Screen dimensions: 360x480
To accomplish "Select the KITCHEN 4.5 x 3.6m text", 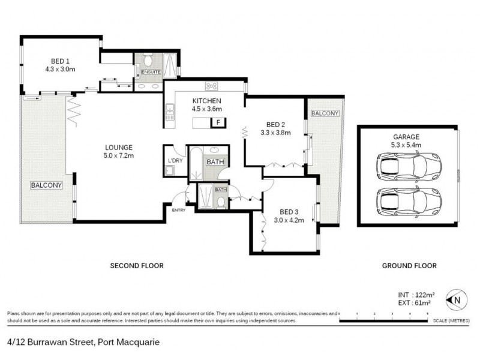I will pyautogui.click(x=207, y=104).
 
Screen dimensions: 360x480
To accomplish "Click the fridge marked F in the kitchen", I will pyautogui.click(x=218, y=122).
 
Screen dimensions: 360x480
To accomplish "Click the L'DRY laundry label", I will pyautogui.click(x=175, y=160).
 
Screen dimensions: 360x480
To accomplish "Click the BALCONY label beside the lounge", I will pyautogui.click(x=46, y=185).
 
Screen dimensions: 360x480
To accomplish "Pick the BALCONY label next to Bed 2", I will pyautogui.click(x=325, y=113).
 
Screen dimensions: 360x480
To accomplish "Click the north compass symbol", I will pyautogui.click(x=457, y=298).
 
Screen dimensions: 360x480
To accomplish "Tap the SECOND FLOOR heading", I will pyautogui.click(x=136, y=265).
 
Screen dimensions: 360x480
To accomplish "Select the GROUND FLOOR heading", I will pyautogui.click(x=409, y=265).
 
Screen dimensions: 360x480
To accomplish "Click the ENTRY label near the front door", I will pyautogui.click(x=178, y=210).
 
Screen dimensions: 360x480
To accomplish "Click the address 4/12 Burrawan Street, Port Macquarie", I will pyautogui.click(x=83, y=342).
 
